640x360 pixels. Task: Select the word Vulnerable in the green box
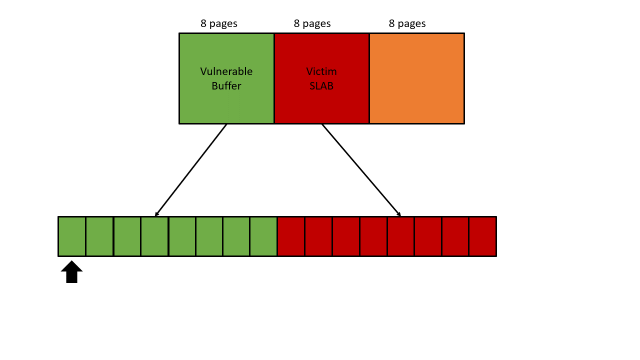(x=226, y=71)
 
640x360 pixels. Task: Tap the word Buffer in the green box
(x=226, y=86)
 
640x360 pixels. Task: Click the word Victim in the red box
(x=321, y=71)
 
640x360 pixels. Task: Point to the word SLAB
(x=321, y=86)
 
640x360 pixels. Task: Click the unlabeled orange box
(x=416, y=78)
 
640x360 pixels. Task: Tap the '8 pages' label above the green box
(x=219, y=23)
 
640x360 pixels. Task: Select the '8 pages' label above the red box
(x=312, y=23)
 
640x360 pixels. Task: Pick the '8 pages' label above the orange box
(x=407, y=23)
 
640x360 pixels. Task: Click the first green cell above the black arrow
(x=72, y=236)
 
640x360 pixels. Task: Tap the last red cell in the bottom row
(x=482, y=236)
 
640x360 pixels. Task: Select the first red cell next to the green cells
(x=291, y=236)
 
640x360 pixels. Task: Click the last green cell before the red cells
(x=263, y=236)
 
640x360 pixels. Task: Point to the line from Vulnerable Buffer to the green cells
(x=191, y=170)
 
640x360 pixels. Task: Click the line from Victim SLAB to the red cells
(x=361, y=170)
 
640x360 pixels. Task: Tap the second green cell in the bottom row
(x=99, y=236)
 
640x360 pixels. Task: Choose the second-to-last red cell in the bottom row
(x=455, y=236)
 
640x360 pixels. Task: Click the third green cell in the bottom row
(x=127, y=236)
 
